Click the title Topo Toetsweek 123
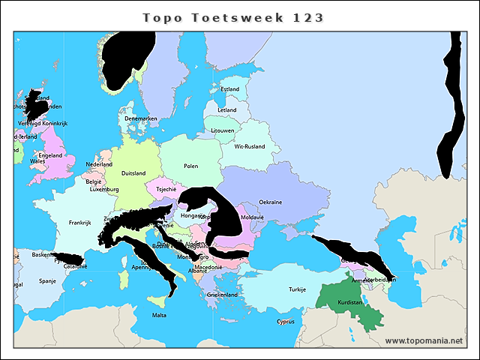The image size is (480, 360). [x=232, y=17]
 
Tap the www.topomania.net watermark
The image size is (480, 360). [x=423, y=341]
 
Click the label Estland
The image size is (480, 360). [x=229, y=89]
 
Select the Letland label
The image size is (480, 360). [x=226, y=110]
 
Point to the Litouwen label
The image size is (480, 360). [x=223, y=130]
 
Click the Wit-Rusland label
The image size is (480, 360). [x=250, y=146]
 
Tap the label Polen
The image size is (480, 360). [x=191, y=166]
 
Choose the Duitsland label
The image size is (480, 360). [x=133, y=173]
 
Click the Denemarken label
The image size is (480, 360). [x=141, y=118]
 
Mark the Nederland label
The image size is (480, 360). [x=99, y=165]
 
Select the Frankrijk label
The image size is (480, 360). [x=79, y=223]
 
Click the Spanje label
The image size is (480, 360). [x=47, y=281]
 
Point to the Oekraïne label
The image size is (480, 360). [x=271, y=202]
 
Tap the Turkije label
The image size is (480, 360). [x=298, y=289]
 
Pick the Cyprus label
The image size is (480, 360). [x=285, y=322]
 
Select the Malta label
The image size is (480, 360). [x=159, y=315]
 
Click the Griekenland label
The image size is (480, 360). [x=222, y=295]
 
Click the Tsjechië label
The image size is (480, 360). [x=166, y=190]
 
